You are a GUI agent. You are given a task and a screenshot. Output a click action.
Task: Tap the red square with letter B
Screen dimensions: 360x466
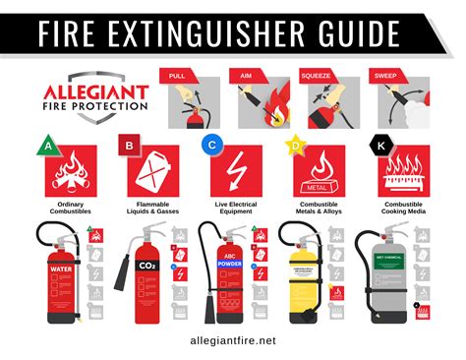click(127, 147)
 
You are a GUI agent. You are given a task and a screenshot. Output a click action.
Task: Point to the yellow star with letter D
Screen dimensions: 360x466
click(294, 147)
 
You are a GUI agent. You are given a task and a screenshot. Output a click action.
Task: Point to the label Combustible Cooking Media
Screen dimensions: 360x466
click(405, 208)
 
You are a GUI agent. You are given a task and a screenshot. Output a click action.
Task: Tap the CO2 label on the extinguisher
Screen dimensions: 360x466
click(146, 266)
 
